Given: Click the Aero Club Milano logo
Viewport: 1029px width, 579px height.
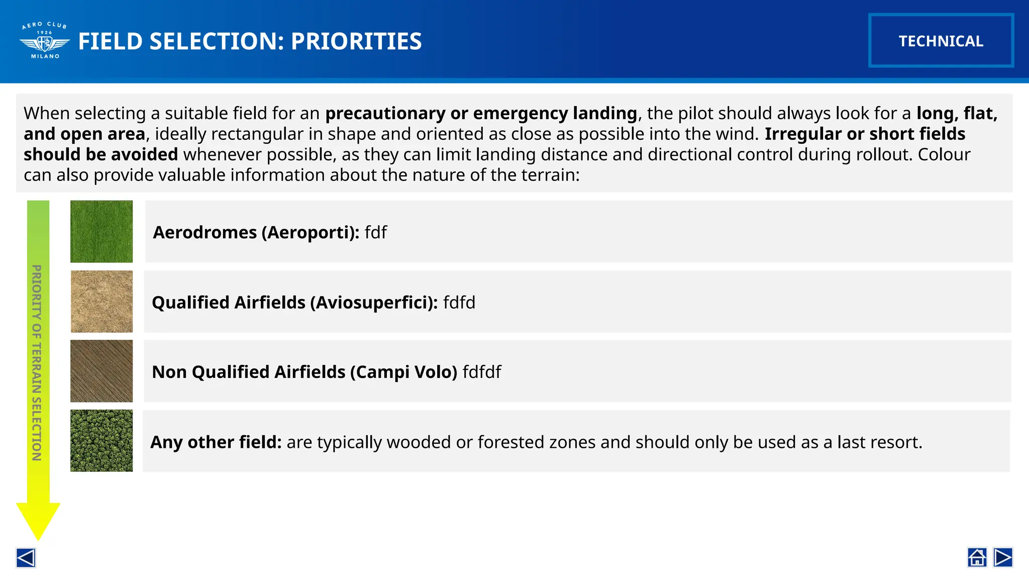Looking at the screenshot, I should (45, 41).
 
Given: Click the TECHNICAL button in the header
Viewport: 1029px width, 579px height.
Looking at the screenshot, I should (941, 41).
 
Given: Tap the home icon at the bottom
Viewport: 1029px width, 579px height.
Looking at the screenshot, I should (977, 557).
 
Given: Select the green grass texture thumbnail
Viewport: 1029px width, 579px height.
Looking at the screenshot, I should (101, 232).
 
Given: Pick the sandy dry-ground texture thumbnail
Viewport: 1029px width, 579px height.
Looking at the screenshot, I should (101, 302).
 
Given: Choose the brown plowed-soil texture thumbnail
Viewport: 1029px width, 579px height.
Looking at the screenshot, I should (101, 371).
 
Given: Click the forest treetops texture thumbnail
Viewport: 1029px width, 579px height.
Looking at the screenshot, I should (101, 441).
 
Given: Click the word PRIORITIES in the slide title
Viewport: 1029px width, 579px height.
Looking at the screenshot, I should (356, 41).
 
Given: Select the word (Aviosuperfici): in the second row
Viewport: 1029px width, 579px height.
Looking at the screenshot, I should (374, 303).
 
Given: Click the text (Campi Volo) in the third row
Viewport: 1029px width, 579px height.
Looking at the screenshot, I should (403, 372).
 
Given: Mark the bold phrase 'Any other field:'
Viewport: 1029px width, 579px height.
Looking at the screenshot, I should (216, 442).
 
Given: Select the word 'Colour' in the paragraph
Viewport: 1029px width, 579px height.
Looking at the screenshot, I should (944, 154).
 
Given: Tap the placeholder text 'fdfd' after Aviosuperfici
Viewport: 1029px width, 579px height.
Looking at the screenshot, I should (459, 303).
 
